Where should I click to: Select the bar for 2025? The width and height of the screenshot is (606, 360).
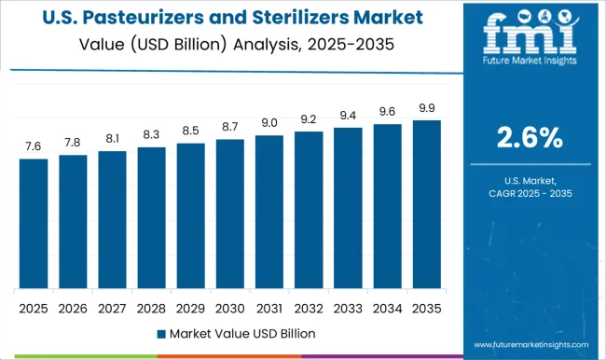[34, 224]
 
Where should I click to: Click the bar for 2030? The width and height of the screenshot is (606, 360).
[229, 214]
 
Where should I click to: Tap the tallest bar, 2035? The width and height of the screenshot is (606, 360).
[426, 204]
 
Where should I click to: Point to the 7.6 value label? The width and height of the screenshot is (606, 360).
[34, 145]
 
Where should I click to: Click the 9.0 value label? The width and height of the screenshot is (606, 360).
[269, 122]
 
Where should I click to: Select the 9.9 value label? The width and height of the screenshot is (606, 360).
[426, 107]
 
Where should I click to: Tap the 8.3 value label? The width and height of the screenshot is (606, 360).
[151, 134]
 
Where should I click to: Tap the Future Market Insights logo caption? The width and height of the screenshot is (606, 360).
[528, 69]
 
